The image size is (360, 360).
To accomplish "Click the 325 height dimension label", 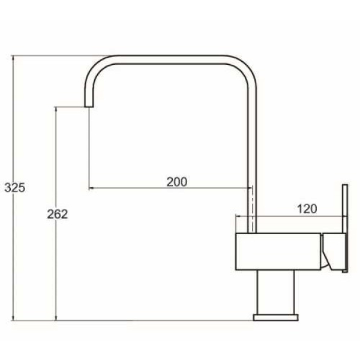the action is (15, 188).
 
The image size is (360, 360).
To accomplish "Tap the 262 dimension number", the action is (58, 214).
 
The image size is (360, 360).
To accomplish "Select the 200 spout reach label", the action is (177, 182).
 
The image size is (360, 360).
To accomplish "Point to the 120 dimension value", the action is (307, 209).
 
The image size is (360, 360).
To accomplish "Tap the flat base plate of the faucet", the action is (276, 317).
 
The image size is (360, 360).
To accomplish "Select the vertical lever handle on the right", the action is (345, 228).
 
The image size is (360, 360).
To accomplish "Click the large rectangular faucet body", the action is (278, 251).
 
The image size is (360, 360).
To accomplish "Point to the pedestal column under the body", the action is (275, 292).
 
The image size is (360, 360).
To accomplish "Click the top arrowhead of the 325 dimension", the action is (13, 58).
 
